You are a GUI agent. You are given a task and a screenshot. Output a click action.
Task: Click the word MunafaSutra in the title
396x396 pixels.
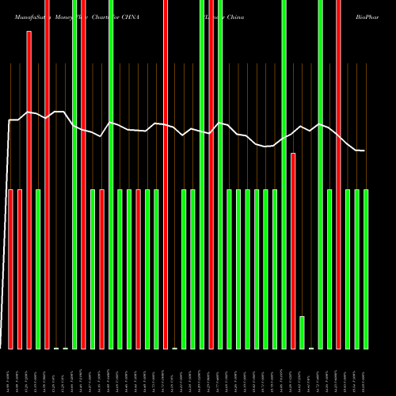[25, 6]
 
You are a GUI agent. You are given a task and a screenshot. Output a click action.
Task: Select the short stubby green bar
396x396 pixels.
[302, 332]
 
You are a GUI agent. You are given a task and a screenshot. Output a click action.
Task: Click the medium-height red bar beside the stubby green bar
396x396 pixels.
[293, 250]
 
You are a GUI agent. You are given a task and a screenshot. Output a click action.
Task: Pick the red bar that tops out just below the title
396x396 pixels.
[29, 190]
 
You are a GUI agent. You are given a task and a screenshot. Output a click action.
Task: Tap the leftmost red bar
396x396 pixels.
[11, 269]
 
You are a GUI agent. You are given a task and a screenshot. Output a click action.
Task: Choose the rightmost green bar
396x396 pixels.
[366, 269]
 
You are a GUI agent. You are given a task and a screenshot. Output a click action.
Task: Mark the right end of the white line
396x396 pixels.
[364, 150]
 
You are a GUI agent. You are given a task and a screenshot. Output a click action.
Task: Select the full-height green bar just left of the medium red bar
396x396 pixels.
[284, 174]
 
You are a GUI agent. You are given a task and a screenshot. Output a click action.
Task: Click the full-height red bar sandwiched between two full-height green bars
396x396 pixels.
[211, 174]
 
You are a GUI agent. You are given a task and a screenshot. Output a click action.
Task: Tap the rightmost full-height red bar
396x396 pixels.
[338, 174]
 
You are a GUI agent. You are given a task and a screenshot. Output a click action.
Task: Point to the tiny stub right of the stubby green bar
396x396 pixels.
[311, 348]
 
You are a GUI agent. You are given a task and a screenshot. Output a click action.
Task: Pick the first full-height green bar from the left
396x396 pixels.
[74, 174]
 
